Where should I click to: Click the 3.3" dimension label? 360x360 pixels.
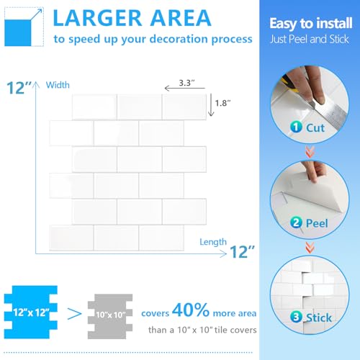coord(186,83)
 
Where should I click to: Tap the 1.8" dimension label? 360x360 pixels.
coord(222,103)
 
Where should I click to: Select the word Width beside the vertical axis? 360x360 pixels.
coord(58,85)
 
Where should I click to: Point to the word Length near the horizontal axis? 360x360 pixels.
coord(213,242)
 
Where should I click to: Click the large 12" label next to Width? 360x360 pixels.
coord(19,88)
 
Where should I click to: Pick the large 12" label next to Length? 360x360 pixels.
coord(242,252)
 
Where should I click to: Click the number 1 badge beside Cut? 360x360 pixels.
coord(296,127)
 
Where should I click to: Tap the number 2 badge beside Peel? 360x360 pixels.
coord(296,222)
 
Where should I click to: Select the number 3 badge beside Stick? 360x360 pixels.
coord(296,317)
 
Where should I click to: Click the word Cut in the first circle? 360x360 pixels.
coord(315,127)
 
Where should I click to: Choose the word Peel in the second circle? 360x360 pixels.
coord(317,223)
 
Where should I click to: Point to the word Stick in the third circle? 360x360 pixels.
coord(319,318)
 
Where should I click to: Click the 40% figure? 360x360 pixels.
coord(191,310)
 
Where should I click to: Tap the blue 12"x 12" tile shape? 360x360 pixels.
coord(31,312)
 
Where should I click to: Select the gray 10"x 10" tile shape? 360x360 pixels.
coord(110,316)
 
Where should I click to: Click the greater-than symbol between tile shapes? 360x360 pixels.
coord(74,314)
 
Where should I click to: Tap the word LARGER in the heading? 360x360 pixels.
coord(97,18)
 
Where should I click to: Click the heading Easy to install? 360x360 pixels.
coord(311,24)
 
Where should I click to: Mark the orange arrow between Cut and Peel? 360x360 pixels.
coord(310,152)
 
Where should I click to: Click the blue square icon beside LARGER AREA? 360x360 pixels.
coord(18,33)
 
